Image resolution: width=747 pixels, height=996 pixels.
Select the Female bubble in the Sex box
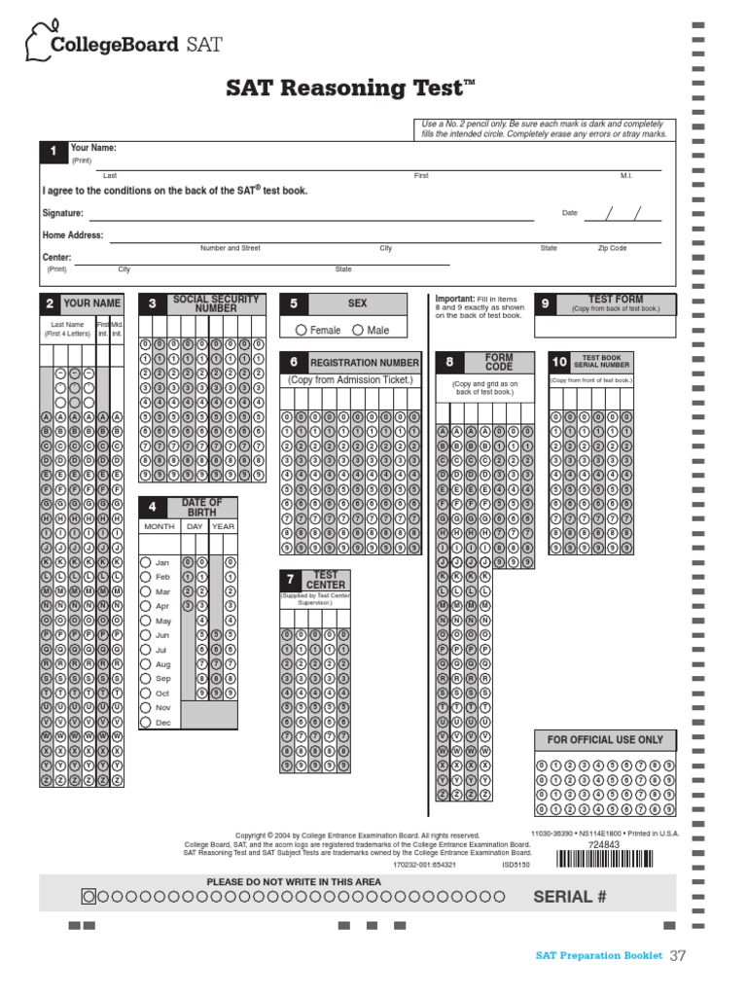click(302, 331)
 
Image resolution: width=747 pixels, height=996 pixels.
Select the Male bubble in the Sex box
click(358, 331)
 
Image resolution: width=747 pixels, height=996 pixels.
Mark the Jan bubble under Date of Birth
click(146, 562)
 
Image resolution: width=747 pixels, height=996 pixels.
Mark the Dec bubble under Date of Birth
click(146, 723)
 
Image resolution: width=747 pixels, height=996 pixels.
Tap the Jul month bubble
click(146, 650)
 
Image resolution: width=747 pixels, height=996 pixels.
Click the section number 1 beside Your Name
click(53, 152)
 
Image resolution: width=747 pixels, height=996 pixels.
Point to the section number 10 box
click(559, 362)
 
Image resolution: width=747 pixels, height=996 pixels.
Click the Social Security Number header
click(216, 303)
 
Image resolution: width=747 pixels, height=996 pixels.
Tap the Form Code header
click(498, 362)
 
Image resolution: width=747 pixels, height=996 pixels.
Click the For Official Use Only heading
click(605, 740)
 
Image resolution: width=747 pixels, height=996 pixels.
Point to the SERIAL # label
click(569, 897)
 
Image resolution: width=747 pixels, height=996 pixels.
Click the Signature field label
click(62, 213)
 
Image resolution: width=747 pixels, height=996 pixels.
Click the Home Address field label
click(72, 235)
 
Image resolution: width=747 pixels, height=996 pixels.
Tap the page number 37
click(677, 956)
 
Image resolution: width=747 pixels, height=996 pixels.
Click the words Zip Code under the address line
click(612, 248)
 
